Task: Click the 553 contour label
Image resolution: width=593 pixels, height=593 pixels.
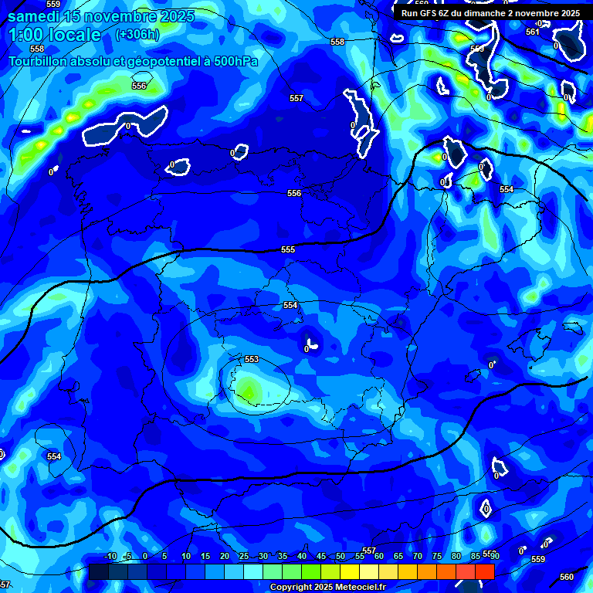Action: coord(252,360)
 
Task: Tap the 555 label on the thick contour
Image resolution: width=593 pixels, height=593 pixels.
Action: coord(288,249)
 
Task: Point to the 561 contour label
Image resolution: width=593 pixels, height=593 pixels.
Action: coord(532,32)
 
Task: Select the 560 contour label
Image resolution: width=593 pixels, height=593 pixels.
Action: coord(566,577)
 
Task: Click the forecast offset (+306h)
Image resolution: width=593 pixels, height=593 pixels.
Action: coord(138,35)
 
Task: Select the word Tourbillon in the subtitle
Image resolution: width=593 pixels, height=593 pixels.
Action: coord(39,61)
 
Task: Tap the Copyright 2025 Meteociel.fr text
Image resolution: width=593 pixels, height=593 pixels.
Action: coord(327,588)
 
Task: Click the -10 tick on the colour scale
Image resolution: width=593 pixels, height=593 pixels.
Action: coord(110,557)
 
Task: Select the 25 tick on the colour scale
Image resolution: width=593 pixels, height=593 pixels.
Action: coord(244,557)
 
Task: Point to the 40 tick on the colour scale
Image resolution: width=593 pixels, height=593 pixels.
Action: coord(302,557)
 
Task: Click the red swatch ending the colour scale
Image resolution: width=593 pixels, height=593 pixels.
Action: coord(485,571)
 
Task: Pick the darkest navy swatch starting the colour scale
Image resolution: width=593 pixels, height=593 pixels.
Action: coord(99,571)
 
